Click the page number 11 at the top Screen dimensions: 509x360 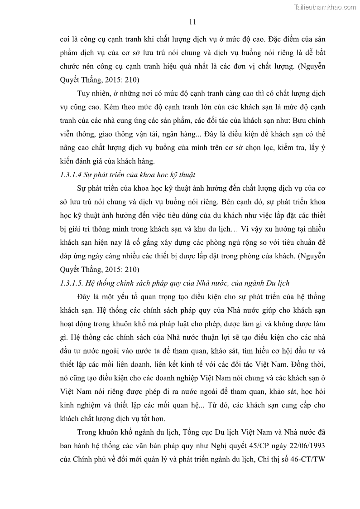pyautogui.click(x=192, y=22)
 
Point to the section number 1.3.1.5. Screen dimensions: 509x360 pyautogui.click(x=72, y=283)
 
